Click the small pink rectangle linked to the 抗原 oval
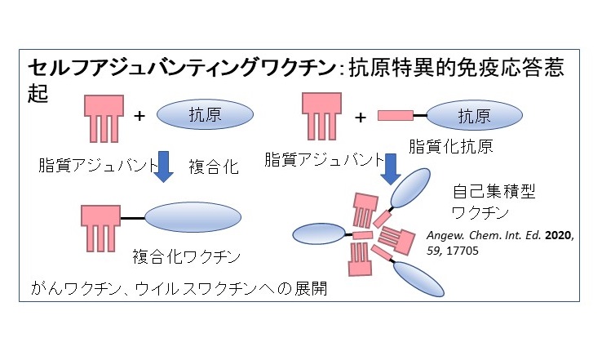[x=395, y=116]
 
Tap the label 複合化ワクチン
[x=186, y=258]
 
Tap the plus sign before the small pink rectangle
[x=360, y=117]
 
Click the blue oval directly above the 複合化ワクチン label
[x=185, y=218]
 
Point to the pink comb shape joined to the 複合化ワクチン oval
[x=102, y=227]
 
